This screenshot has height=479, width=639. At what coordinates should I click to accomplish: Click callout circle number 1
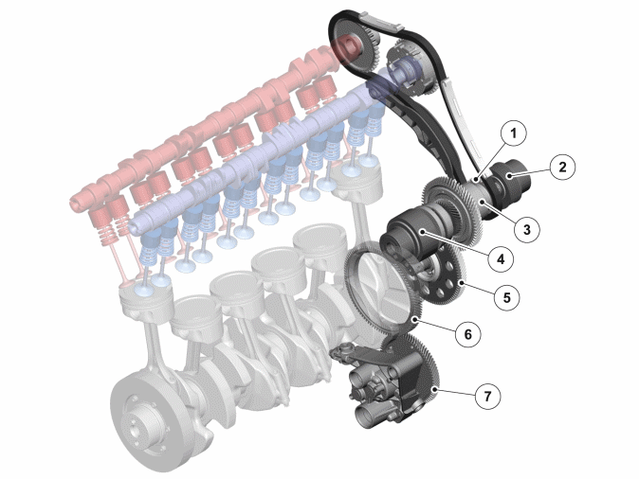[x=513, y=133]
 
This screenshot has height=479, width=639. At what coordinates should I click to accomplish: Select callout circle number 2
[x=562, y=167]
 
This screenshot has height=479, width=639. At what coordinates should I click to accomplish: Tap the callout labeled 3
[x=527, y=229]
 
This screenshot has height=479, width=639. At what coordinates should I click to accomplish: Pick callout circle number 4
[x=501, y=258]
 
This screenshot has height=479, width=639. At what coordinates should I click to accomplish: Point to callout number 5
[x=506, y=297]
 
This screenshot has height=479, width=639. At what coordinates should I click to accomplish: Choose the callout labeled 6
[x=467, y=334]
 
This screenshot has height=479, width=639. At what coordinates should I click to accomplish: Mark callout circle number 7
[x=488, y=396]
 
